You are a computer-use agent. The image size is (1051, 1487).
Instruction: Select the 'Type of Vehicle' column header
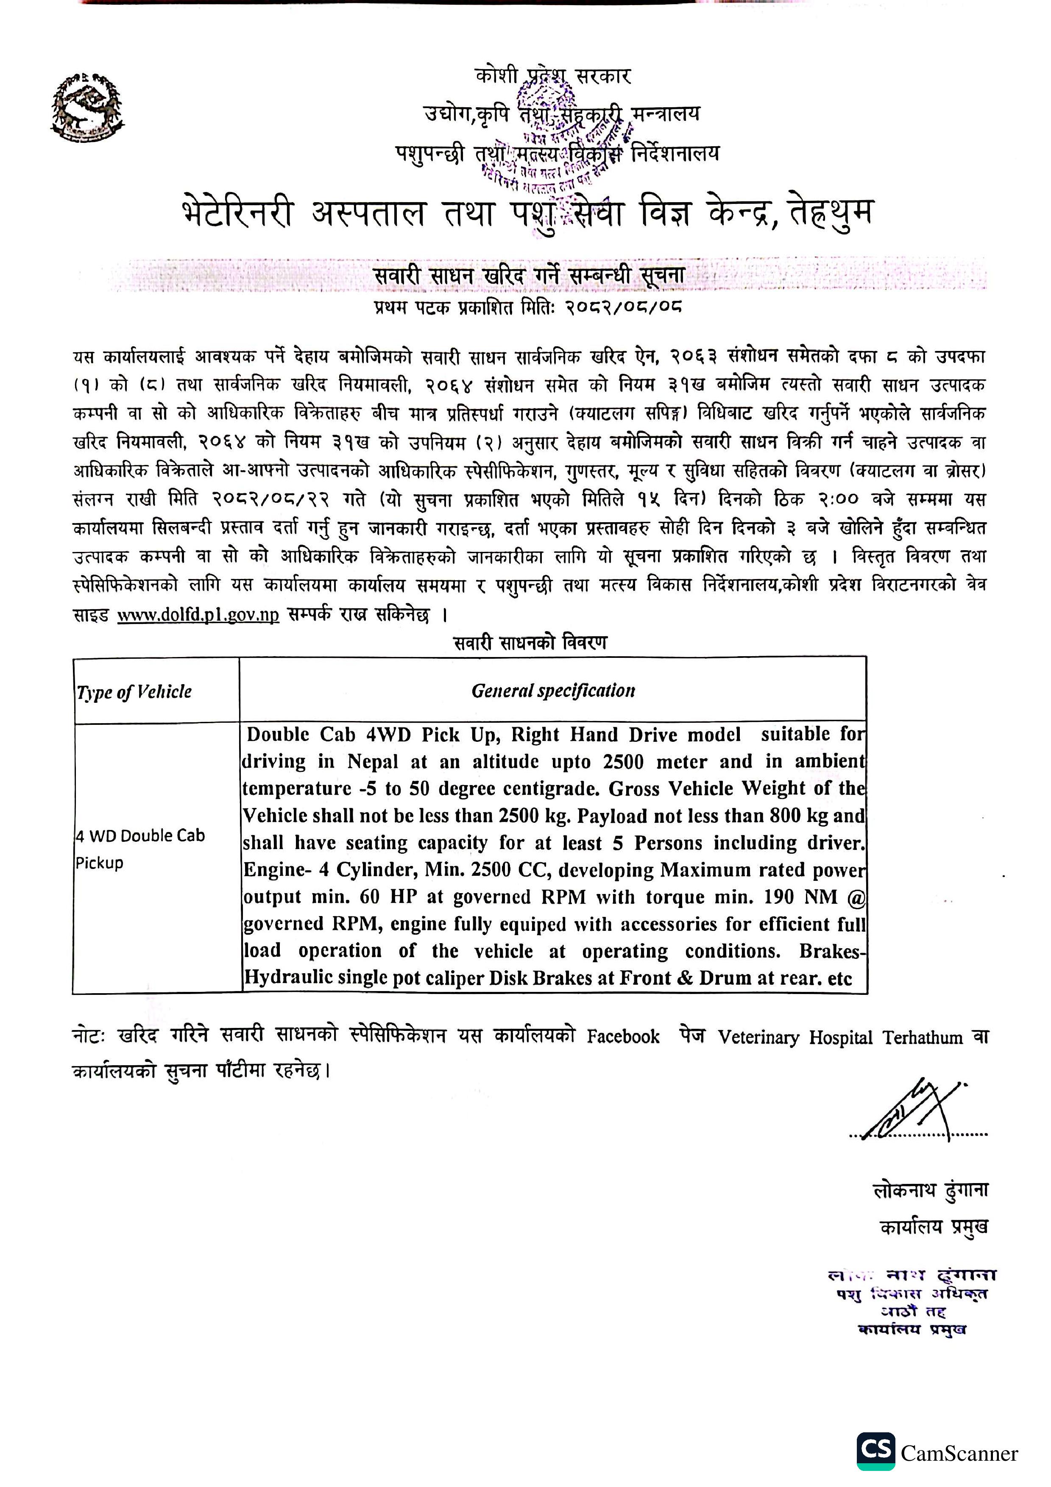pyautogui.click(x=134, y=692)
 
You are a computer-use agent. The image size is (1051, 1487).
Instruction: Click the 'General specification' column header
pyautogui.click(x=553, y=691)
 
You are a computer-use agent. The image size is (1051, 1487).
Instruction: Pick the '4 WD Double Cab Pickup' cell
pyautogui.click(x=139, y=849)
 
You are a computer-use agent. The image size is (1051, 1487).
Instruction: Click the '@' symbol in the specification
pyautogui.click(x=856, y=897)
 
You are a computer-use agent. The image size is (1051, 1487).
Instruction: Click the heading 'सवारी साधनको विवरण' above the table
pyautogui.click(x=530, y=643)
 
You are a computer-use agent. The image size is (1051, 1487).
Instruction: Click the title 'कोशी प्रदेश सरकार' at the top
pyautogui.click(x=552, y=76)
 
